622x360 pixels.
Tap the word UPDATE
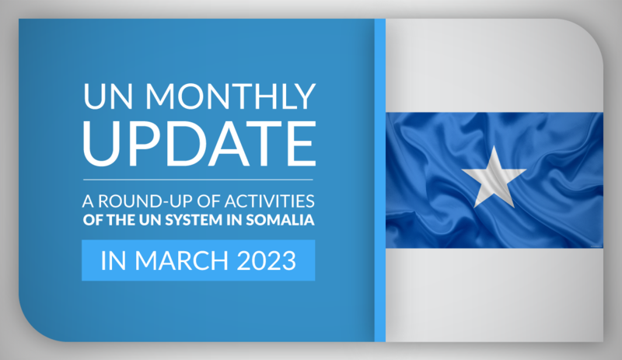[199, 144]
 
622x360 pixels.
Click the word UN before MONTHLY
[108, 96]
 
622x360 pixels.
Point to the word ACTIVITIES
[269, 201]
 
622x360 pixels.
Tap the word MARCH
[182, 260]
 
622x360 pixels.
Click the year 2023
[267, 260]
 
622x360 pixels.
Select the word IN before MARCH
[114, 260]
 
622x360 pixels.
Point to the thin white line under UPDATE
[198, 180]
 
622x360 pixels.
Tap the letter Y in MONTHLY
[304, 96]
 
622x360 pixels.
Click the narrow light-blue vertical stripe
[380, 180]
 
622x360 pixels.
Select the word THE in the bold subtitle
[121, 220]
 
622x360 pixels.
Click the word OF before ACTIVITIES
[208, 201]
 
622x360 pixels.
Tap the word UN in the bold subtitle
[150, 220]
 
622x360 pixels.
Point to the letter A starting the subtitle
[88, 201]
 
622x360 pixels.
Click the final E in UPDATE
[302, 144]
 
